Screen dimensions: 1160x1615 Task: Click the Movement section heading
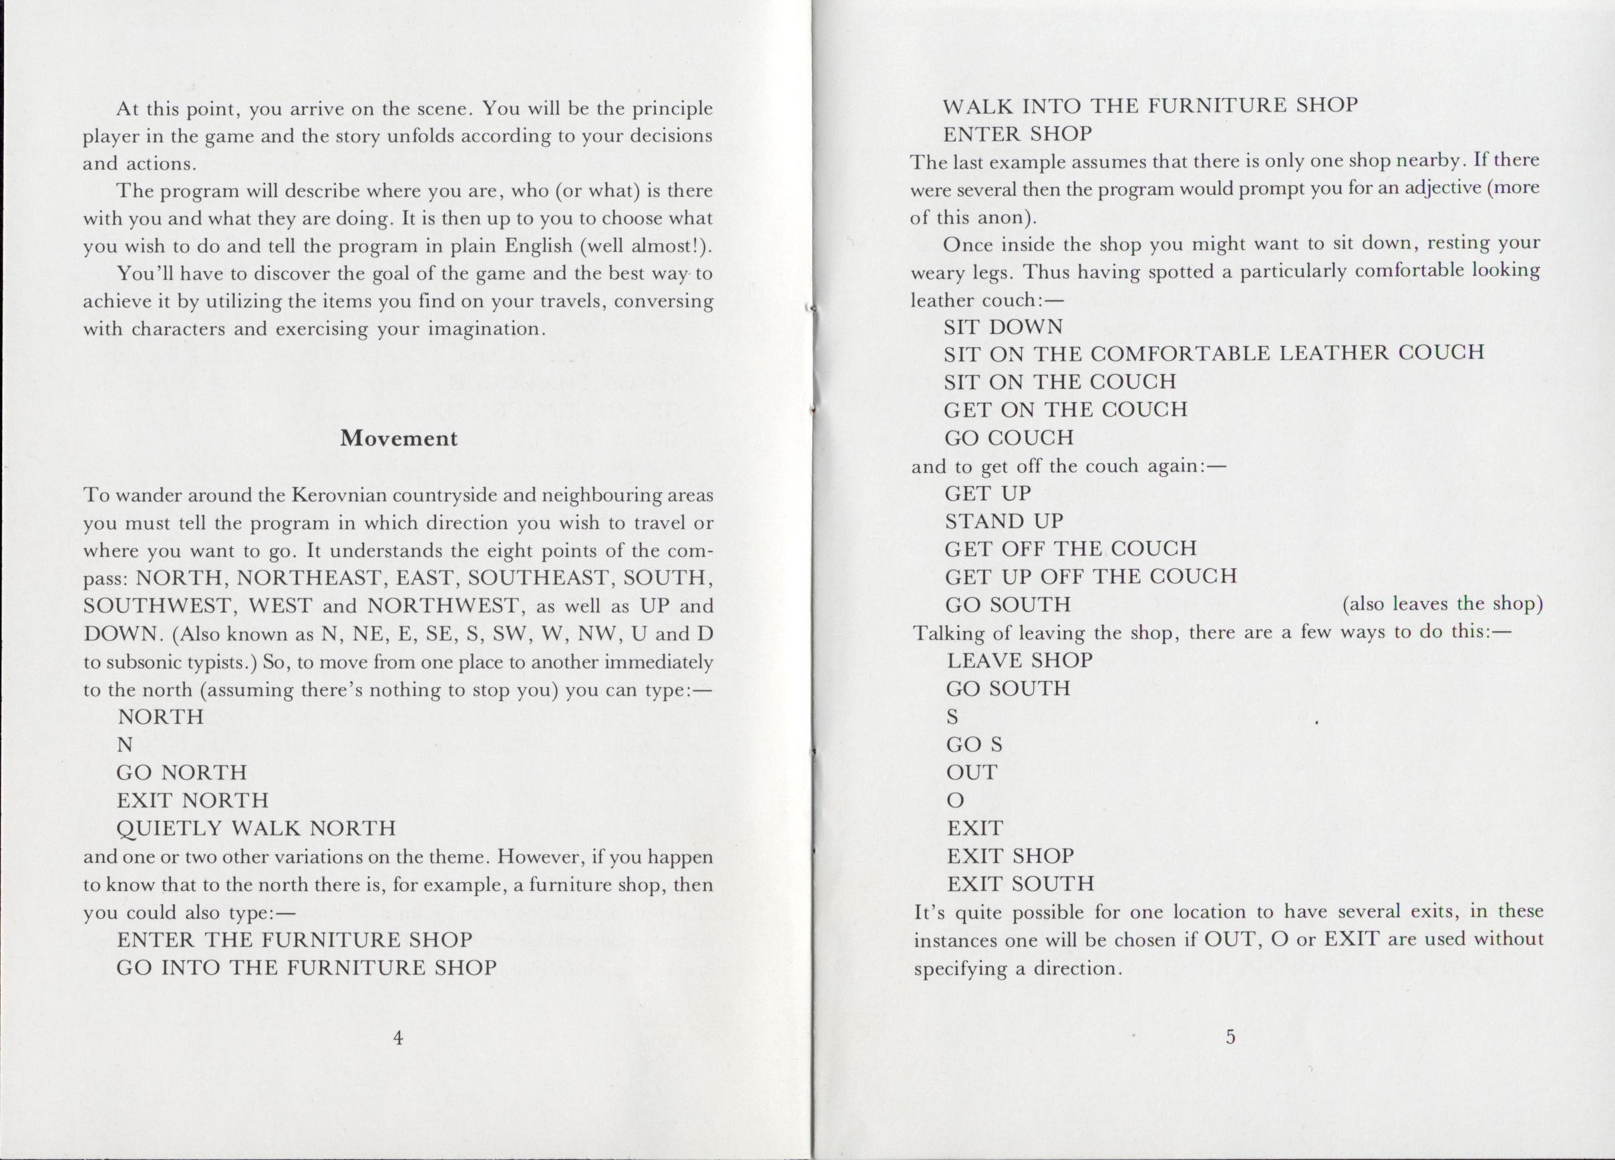click(399, 438)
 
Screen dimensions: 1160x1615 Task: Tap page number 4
click(398, 1038)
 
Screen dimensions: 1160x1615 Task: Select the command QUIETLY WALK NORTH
click(256, 828)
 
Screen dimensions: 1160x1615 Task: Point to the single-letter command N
click(126, 745)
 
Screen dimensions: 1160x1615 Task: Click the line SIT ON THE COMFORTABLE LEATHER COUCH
click(1214, 353)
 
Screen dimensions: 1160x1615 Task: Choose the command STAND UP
click(1003, 522)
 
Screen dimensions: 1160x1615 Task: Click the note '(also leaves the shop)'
click(1442, 604)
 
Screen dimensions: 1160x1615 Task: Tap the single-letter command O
click(955, 801)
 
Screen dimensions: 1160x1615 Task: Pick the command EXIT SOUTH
click(1021, 884)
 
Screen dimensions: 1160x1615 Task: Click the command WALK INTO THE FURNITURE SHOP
click(1150, 106)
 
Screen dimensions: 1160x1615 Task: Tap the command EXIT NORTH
click(192, 801)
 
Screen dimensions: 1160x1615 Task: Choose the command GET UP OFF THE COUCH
click(1090, 576)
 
